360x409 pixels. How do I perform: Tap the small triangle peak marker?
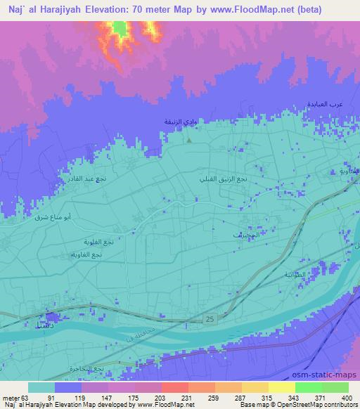[189, 138]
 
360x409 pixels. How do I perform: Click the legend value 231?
[167, 397]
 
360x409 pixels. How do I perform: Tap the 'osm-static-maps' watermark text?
[330, 375]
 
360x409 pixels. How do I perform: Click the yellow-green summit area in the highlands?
[120, 29]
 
